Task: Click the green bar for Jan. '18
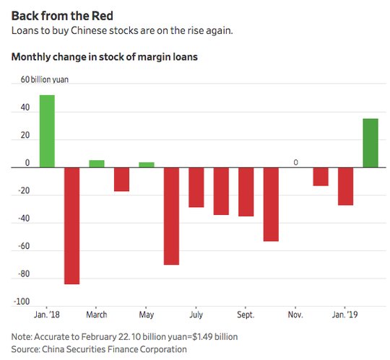point(47,131)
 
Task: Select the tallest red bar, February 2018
point(72,226)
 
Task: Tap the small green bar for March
point(97,164)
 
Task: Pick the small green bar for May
point(147,164)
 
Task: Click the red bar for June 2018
point(171,216)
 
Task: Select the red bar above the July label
point(196,188)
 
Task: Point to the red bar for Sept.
point(246,192)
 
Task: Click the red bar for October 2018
point(271,204)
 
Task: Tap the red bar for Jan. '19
point(345,186)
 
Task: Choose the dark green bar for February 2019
point(370,143)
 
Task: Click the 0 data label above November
point(295,162)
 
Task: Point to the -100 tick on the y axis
point(22,302)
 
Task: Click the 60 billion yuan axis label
point(45,79)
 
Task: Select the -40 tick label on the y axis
point(24,219)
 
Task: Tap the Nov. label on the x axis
point(295,315)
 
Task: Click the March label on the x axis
point(97,315)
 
